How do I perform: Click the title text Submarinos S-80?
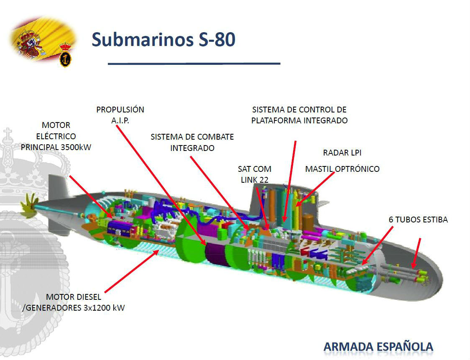[x=163, y=40]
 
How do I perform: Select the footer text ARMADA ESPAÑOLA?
[x=378, y=347]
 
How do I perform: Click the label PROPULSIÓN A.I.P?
[x=120, y=114]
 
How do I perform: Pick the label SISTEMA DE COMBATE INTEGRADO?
[x=192, y=142]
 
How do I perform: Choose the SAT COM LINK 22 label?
[x=254, y=174]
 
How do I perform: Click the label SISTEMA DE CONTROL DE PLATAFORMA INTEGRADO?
[x=299, y=115]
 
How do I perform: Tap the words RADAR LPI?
[x=342, y=153]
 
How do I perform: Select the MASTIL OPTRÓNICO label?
[x=342, y=169]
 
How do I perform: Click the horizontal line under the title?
[x=194, y=64]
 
